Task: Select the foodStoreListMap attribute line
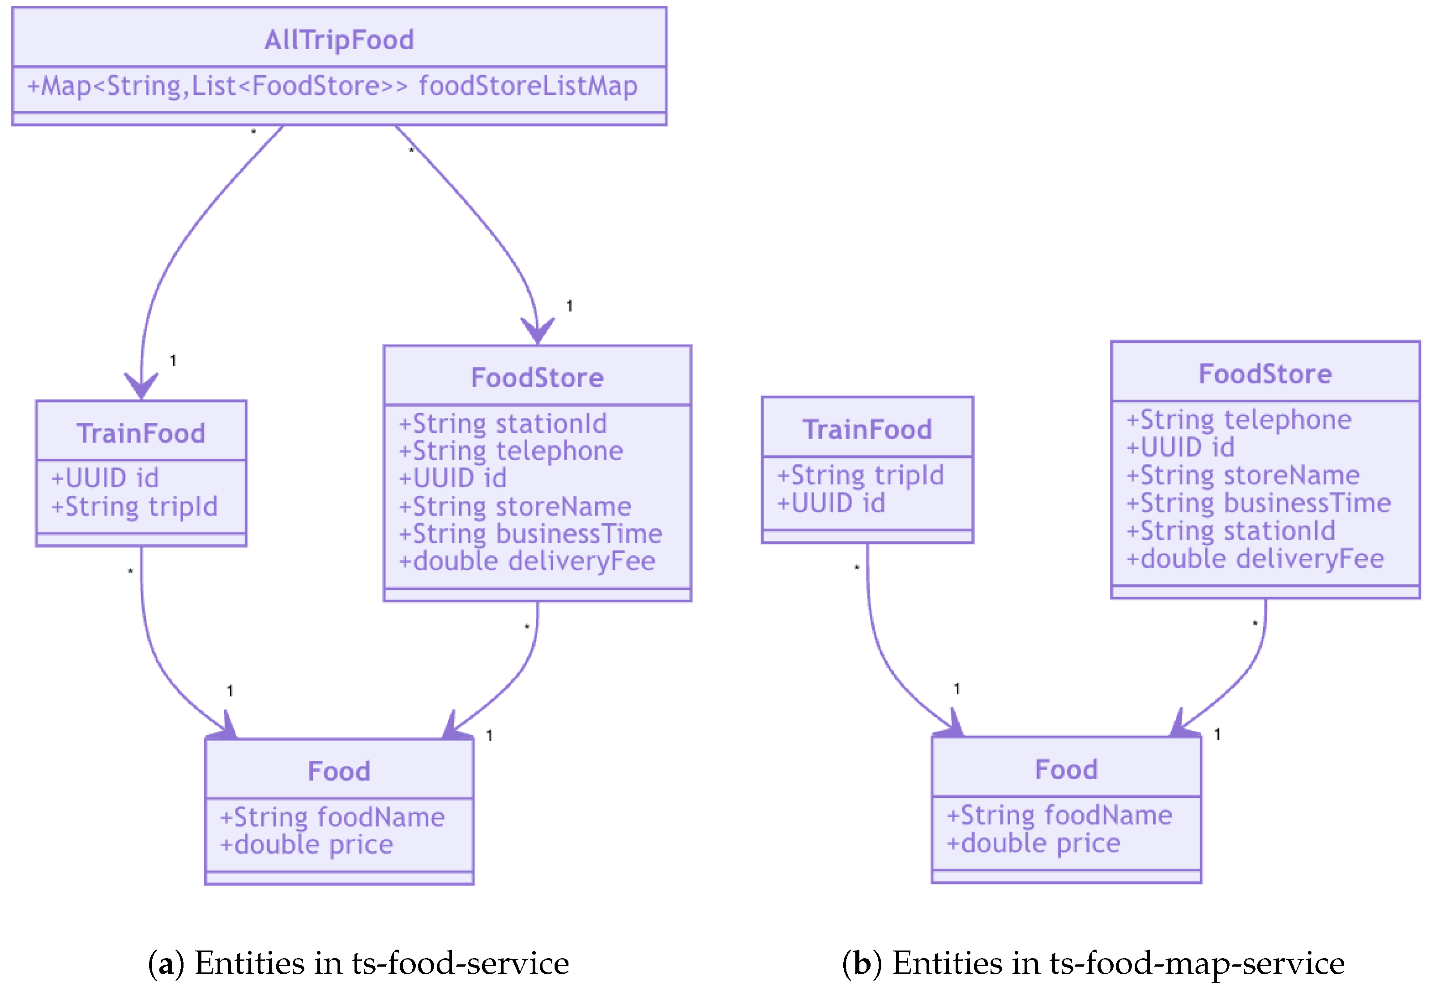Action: [332, 86]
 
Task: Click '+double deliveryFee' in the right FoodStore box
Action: [1254, 559]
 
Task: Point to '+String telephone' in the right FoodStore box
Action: [1238, 420]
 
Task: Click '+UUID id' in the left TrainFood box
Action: [105, 478]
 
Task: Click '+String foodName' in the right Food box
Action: [1059, 815]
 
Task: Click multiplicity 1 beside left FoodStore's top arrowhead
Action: [569, 306]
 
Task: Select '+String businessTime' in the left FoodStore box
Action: [530, 534]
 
